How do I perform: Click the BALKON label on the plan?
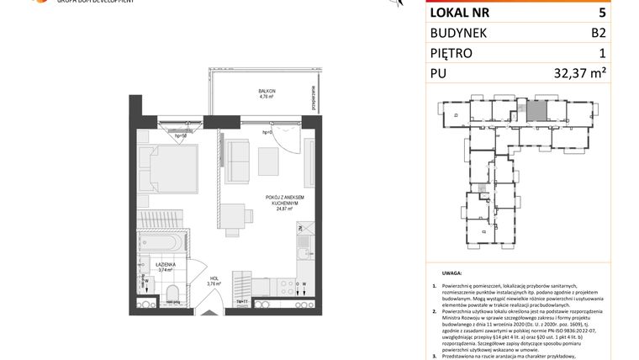coord(267,92)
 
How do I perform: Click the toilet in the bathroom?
coord(172,294)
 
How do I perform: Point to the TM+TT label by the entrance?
coord(241,302)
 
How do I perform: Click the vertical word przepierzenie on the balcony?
coord(313,98)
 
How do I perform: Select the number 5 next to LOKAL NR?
coord(601,13)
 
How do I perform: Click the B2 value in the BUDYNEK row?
coord(598,34)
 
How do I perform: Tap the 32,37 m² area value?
coord(580,74)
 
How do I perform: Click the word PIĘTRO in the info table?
coord(452,54)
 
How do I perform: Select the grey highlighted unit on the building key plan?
coord(536,110)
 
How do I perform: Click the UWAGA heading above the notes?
coord(452,274)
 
